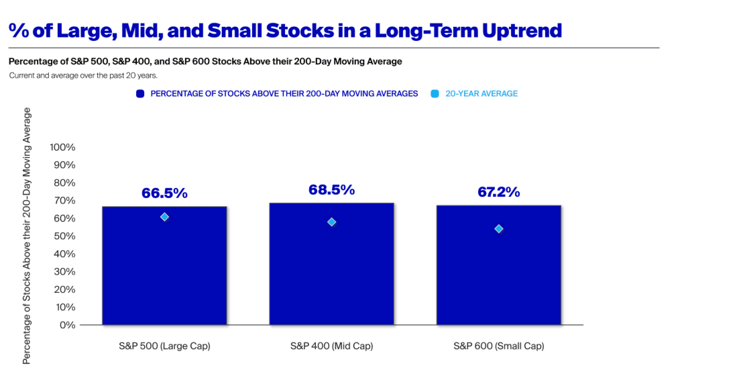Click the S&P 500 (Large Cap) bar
tap(164, 266)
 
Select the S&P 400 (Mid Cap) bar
tap(332, 264)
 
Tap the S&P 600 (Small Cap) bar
tap(499, 265)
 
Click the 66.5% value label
tap(164, 193)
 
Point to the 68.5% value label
tap(332, 190)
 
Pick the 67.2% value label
tap(499, 192)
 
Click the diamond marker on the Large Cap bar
tap(164, 217)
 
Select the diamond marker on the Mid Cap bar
tap(332, 222)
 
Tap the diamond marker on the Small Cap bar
tap(499, 229)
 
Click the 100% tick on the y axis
tap(62, 148)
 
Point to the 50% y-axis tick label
tap(64, 236)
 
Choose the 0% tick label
tap(68, 325)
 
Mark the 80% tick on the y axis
tap(64, 183)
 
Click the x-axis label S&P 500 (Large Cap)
tap(164, 346)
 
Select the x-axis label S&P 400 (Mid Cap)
tap(332, 346)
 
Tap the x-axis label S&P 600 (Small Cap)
tap(499, 346)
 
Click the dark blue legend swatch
tap(140, 94)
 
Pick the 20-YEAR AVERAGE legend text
tap(481, 94)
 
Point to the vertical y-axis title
tap(27, 236)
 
